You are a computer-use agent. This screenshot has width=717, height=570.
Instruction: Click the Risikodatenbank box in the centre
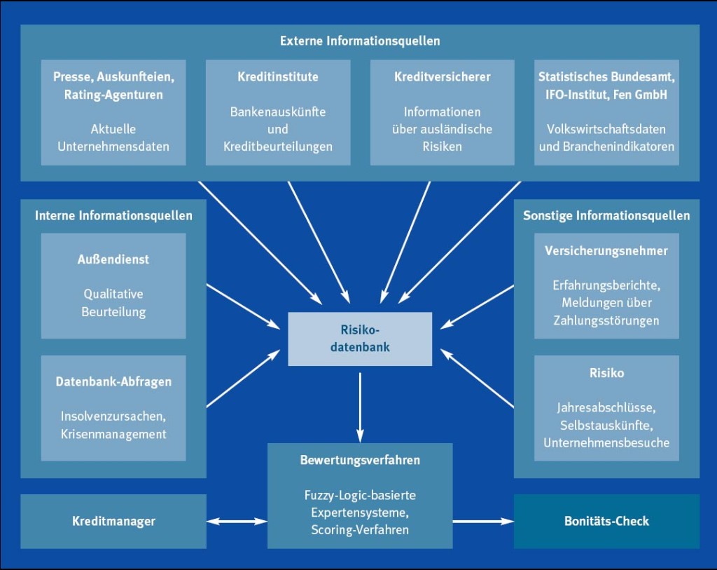[360, 339]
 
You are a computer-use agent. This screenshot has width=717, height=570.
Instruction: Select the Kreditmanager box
[113, 521]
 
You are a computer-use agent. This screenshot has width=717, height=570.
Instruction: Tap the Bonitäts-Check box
[606, 521]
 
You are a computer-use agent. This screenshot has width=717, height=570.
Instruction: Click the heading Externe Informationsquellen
[360, 41]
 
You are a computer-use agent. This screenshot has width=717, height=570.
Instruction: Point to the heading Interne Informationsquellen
[113, 215]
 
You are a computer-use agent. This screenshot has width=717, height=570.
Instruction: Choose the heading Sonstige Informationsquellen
[606, 215]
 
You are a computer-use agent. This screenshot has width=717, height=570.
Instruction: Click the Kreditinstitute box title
[278, 76]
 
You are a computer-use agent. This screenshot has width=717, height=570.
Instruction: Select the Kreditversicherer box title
[442, 76]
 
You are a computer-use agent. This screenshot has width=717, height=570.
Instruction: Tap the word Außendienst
[113, 259]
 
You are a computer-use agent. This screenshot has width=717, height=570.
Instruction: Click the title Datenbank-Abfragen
[113, 382]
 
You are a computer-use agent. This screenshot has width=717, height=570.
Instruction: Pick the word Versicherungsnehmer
[606, 250]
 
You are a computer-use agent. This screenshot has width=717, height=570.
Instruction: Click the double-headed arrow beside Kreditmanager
[237, 521]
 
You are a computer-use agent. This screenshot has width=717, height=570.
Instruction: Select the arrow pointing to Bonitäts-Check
[483, 521]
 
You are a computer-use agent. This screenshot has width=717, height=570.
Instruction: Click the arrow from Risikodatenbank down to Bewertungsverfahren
[360, 405]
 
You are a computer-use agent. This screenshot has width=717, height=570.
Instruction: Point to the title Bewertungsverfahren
[360, 461]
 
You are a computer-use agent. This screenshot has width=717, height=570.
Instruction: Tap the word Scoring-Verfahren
[360, 529]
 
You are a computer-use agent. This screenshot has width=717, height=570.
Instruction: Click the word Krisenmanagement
[113, 434]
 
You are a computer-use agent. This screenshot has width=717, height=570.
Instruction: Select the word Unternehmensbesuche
[606, 442]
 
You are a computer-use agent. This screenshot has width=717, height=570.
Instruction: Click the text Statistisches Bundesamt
[606, 76]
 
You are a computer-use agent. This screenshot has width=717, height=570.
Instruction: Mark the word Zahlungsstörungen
[606, 320]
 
